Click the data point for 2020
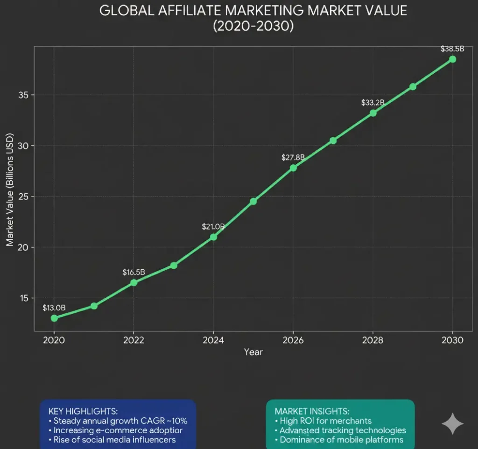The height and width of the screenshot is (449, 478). (x=54, y=318)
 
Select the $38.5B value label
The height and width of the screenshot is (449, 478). (x=452, y=49)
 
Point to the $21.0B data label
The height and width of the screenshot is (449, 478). (x=213, y=226)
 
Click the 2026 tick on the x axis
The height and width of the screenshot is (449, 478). (x=293, y=340)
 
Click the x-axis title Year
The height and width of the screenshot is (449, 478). (x=253, y=352)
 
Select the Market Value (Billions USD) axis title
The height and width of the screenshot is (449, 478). (x=10, y=189)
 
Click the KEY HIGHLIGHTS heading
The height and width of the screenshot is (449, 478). (x=83, y=411)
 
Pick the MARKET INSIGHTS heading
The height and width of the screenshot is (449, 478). (x=312, y=411)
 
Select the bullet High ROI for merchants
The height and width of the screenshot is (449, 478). (x=323, y=421)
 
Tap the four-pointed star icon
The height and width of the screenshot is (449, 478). (x=452, y=423)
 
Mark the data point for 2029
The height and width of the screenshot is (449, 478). (x=413, y=86)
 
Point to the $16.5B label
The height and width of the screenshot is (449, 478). (x=134, y=272)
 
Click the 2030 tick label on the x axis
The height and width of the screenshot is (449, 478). (x=452, y=340)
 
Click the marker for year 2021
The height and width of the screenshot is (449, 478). (x=94, y=306)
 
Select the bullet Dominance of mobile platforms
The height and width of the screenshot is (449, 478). (x=338, y=439)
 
